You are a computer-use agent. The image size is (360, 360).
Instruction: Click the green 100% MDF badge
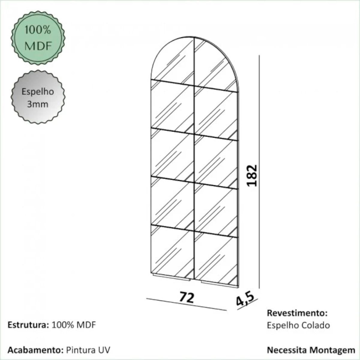[x=38, y=38]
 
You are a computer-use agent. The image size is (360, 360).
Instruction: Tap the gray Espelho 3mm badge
[x=38, y=97]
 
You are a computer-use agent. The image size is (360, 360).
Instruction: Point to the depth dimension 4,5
[x=245, y=301]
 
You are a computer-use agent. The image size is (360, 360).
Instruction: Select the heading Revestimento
[x=297, y=313]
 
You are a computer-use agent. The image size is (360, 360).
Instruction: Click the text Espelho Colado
[x=298, y=325]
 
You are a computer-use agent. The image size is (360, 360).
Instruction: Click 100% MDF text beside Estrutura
[x=74, y=325]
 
